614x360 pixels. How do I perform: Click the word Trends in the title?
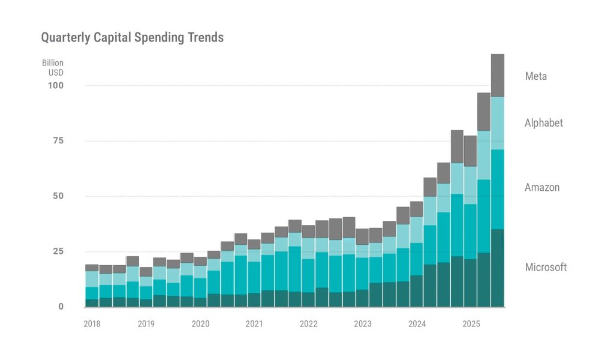tap(206, 38)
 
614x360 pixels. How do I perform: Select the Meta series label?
tap(535, 76)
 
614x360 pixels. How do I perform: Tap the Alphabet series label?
tap(544, 123)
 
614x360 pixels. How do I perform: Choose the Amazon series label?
tap(542, 187)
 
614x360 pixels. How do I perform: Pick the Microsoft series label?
tap(546, 267)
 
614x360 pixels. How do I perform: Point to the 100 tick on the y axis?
tap(56, 86)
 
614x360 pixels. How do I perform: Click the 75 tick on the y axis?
tap(58, 141)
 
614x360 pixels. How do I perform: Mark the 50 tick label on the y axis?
tap(58, 196)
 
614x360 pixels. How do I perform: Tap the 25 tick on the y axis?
tap(58, 251)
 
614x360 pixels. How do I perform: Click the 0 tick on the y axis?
tap(61, 307)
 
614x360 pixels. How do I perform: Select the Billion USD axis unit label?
tap(53, 68)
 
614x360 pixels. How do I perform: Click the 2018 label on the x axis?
tap(92, 324)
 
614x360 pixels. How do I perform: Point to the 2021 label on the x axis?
tap(254, 324)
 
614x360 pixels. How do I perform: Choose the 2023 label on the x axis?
tap(362, 324)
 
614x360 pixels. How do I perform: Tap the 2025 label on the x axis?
tap(471, 324)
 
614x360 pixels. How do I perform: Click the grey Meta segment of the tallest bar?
tap(498, 75)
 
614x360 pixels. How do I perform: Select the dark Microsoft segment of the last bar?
tap(498, 268)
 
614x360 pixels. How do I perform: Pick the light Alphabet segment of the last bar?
tap(498, 123)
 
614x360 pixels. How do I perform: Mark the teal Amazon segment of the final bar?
tap(498, 189)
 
